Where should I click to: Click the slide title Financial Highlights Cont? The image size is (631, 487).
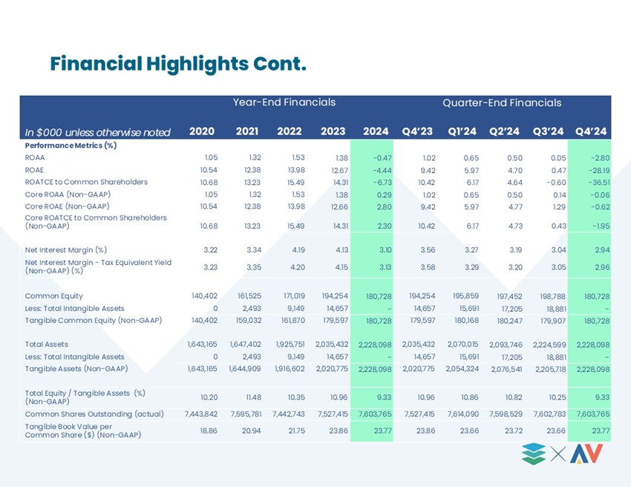click(x=178, y=64)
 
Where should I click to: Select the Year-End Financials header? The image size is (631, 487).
click(x=284, y=102)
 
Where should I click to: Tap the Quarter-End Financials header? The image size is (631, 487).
click(x=502, y=102)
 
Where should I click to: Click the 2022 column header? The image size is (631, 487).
click(x=290, y=131)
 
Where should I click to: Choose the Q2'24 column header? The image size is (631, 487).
click(x=504, y=131)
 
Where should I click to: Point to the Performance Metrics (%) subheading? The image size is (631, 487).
click(x=71, y=146)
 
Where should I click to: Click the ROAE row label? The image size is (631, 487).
click(x=34, y=170)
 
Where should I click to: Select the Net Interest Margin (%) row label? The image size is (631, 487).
click(x=66, y=250)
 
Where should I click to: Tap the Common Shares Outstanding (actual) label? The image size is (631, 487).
click(x=94, y=414)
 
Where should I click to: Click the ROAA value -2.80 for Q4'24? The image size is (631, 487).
click(x=599, y=158)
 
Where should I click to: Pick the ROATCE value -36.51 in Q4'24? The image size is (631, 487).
click(x=599, y=183)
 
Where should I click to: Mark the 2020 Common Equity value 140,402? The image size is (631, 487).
click(x=204, y=295)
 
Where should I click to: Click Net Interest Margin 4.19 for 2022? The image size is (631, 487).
click(x=298, y=250)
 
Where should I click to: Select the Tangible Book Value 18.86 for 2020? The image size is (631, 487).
click(x=209, y=431)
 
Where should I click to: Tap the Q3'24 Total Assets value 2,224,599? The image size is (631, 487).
click(x=549, y=344)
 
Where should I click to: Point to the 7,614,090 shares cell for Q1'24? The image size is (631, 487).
click(x=462, y=414)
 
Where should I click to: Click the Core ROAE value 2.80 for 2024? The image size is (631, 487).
click(x=385, y=207)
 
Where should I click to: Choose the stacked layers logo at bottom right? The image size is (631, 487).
click(x=534, y=454)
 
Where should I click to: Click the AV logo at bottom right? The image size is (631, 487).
click(x=586, y=454)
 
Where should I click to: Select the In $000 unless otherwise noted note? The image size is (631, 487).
click(x=98, y=132)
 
